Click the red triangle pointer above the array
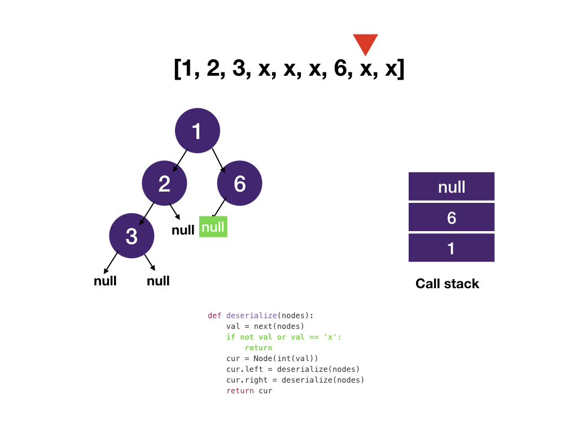[x=365, y=44]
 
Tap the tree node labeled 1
[x=197, y=131]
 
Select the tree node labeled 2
[x=164, y=183]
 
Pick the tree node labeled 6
[x=240, y=183]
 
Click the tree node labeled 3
[x=132, y=236]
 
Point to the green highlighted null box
[x=213, y=227]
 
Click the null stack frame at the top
[x=451, y=186]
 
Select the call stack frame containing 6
[x=451, y=218]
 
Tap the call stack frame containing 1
[x=451, y=248]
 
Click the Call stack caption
[x=447, y=284]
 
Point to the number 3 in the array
[x=239, y=69]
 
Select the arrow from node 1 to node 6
[x=218, y=160]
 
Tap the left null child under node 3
[x=105, y=281]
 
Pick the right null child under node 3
[x=158, y=281]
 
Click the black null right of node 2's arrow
[x=183, y=230]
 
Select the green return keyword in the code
[x=259, y=348]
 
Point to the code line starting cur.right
[x=295, y=380]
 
